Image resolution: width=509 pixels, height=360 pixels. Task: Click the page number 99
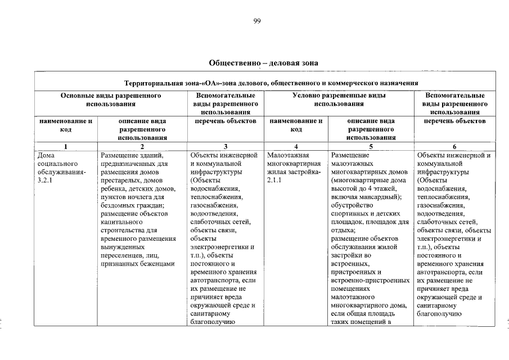point(256,21)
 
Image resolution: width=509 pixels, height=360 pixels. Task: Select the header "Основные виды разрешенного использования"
point(111,100)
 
